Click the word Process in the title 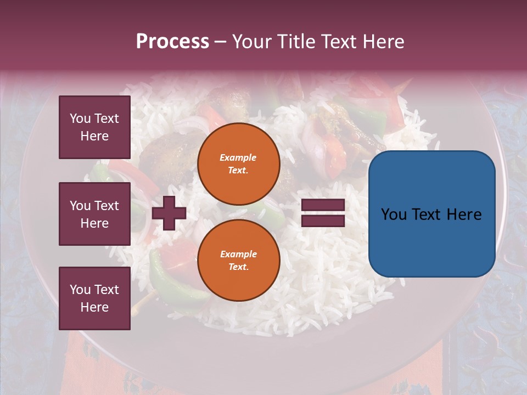(x=172, y=42)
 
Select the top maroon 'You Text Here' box (x=94, y=127)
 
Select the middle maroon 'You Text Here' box (x=94, y=214)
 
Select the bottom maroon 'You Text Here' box (x=94, y=298)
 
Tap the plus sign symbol (x=169, y=213)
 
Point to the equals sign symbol (x=323, y=213)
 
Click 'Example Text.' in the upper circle (x=238, y=163)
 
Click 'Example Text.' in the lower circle (x=238, y=260)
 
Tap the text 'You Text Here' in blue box (x=431, y=215)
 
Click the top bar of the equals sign (x=323, y=205)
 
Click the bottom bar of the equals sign (x=323, y=221)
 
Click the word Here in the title (x=383, y=42)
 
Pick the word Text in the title (x=339, y=42)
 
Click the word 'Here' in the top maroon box (x=94, y=136)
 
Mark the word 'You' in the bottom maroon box (x=80, y=290)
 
